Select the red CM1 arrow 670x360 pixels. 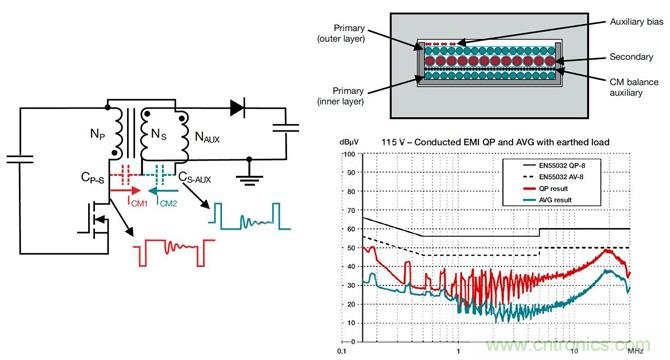127,185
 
